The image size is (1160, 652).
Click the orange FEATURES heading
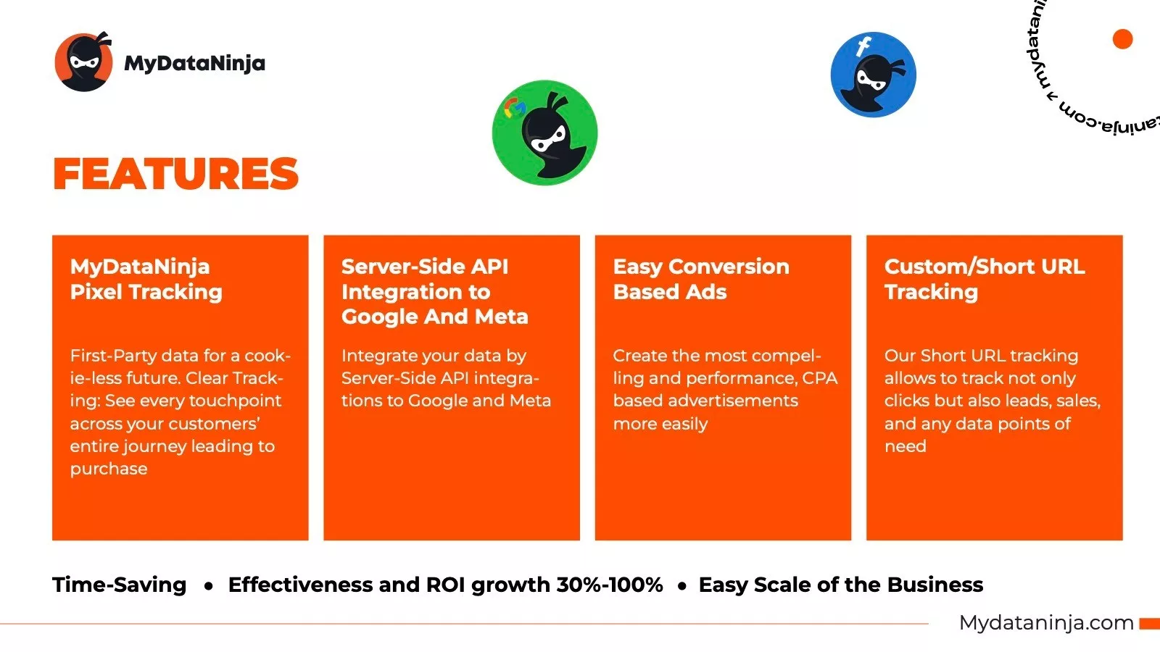tap(175, 173)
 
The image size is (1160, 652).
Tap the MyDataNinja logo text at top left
tap(195, 63)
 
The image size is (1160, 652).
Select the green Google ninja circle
tap(544, 133)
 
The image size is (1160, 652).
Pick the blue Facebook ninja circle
tap(873, 75)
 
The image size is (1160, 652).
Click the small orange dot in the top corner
tap(1123, 39)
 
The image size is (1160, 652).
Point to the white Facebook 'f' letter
tap(863, 46)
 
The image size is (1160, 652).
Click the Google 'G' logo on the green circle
tap(515, 108)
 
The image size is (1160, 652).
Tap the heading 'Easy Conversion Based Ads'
tap(701, 279)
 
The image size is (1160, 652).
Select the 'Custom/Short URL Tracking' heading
tap(985, 279)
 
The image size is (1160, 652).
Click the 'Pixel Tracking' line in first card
tap(146, 292)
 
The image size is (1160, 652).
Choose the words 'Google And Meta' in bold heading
tap(434, 317)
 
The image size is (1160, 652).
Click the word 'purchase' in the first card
tap(109, 469)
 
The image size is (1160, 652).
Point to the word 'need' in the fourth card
tap(906, 446)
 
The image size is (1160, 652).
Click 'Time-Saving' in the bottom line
tap(119, 585)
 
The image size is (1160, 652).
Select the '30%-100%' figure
tap(610, 585)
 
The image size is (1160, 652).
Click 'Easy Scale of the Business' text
tap(840, 585)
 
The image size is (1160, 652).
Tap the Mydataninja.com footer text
tap(1046, 623)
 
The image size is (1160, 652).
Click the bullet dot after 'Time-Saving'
tap(209, 586)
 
